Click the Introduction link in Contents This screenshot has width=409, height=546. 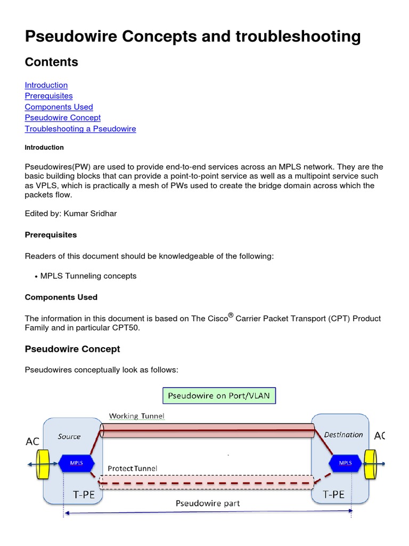point(46,85)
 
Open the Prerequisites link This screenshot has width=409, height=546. point(48,96)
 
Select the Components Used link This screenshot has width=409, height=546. point(59,107)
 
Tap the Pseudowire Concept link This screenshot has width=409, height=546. point(62,117)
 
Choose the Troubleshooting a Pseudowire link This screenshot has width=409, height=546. point(80,129)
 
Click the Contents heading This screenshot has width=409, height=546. point(52,62)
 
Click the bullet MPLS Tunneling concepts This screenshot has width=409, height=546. point(88,276)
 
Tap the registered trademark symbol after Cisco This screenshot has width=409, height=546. point(231,315)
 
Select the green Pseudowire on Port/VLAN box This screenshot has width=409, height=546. point(219,396)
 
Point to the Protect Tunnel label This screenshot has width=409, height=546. point(133,468)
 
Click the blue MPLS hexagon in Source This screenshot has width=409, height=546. point(76,463)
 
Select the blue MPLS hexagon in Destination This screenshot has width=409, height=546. point(345,463)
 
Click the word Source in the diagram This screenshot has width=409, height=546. point(69,437)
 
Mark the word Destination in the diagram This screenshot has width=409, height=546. point(343,435)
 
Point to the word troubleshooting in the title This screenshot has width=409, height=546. point(285,36)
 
